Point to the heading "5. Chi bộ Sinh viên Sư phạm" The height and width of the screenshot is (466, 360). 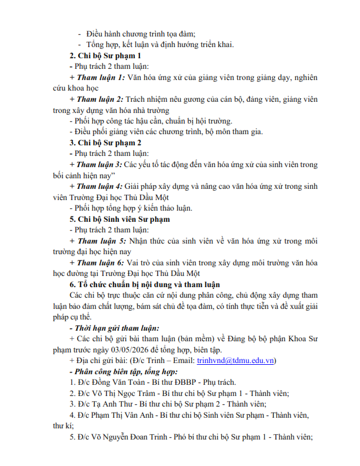coord(119,219)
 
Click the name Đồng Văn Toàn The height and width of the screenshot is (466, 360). coord(111,382)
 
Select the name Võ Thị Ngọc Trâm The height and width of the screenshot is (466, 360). coord(118,393)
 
